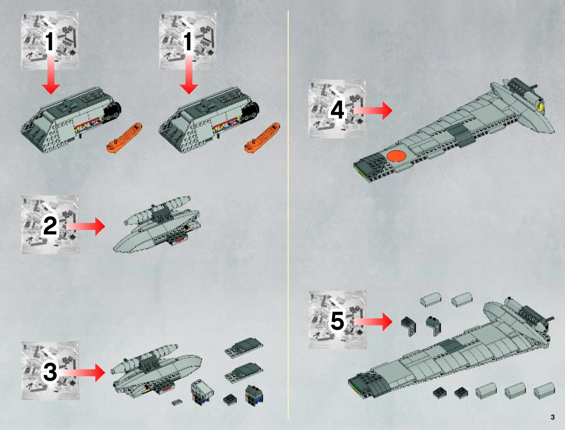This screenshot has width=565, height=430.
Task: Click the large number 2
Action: click(50, 225)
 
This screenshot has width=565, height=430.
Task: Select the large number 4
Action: click(337, 110)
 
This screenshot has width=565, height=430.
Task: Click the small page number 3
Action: click(553, 417)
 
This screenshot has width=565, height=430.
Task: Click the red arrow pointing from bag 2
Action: click(86, 226)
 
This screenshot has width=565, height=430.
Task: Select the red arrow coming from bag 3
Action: click(82, 372)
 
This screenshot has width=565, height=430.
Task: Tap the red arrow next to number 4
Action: click(373, 111)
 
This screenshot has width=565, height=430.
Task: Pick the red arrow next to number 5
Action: click(373, 321)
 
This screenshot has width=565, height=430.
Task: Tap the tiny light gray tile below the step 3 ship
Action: click(177, 402)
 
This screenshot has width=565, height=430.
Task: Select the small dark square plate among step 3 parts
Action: click(230, 400)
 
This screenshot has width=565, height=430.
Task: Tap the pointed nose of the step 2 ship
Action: click(114, 248)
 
